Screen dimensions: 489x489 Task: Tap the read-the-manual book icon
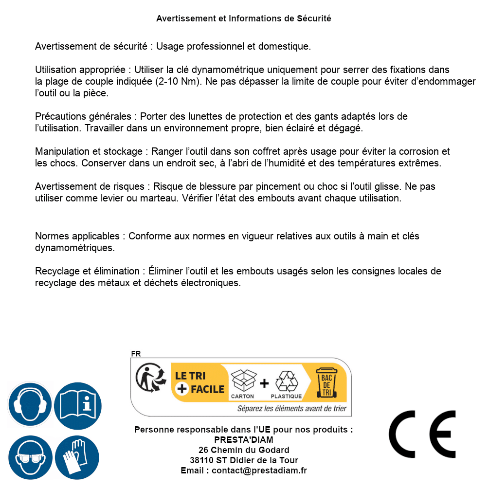click(78, 405)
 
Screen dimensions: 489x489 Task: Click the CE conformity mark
click(422, 434)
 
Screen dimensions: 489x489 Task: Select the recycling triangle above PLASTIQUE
click(286, 381)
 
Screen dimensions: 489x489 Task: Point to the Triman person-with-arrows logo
click(148, 378)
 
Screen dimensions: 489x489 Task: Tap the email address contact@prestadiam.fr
click(259, 471)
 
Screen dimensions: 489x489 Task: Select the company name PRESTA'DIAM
click(244, 440)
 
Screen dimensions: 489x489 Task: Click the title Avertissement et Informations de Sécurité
click(244, 18)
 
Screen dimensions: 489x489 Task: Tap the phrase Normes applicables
click(77, 236)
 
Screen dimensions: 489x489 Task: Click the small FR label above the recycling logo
click(136, 354)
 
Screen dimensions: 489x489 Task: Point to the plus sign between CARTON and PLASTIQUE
click(264, 383)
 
